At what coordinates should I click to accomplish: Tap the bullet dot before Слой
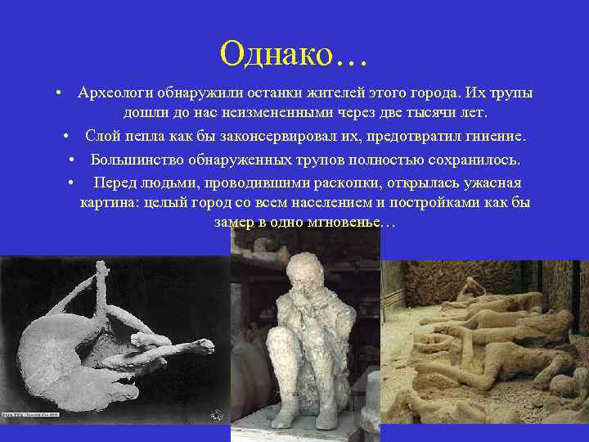(65, 134)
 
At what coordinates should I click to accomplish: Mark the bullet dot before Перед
(73, 183)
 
